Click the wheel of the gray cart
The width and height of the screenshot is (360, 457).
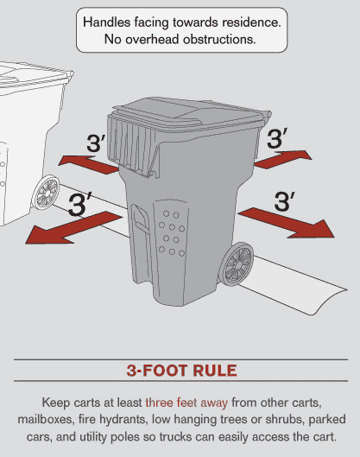click(237, 263)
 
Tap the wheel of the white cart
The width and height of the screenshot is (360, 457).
click(46, 193)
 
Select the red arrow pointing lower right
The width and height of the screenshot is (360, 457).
click(287, 223)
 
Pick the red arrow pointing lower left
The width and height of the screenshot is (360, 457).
click(73, 227)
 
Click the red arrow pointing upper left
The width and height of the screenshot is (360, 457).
click(89, 165)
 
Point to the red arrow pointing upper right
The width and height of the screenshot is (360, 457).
click(283, 160)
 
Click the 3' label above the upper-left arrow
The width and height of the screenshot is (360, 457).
click(96, 143)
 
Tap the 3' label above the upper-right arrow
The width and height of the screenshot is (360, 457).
click(277, 137)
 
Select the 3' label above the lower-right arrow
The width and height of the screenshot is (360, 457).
click(284, 201)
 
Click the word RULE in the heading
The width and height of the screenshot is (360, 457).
click(215, 371)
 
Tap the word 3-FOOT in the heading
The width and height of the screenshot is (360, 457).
click(157, 371)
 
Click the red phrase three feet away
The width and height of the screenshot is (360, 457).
click(186, 403)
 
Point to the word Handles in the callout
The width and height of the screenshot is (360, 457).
click(106, 22)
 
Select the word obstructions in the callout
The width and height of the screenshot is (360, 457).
click(219, 40)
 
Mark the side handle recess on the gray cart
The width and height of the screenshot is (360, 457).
click(140, 220)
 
